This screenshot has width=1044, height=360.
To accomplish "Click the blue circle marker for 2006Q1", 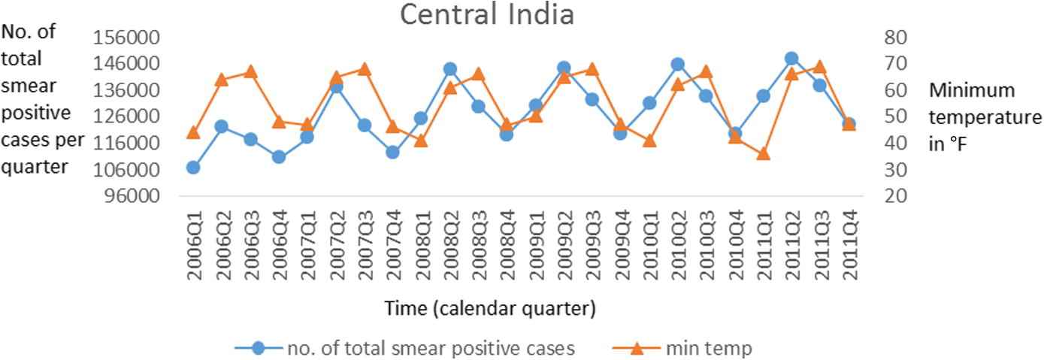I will [x=193, y=167].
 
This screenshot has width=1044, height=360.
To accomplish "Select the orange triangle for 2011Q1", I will [x=763, y=153].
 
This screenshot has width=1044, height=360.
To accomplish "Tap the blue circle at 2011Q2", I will [x=791, y=59].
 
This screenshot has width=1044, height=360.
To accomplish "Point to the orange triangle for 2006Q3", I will [x=250, y=72].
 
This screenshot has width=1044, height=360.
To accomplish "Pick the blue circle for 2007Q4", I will [x=392, y=152].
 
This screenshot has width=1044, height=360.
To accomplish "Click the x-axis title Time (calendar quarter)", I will [x=490, y=308].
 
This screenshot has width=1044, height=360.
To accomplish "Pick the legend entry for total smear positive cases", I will [x=430, y=348].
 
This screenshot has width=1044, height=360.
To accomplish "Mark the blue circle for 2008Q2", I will [x=449, y=69].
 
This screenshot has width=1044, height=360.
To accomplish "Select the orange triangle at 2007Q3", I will [x=365, y=69].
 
